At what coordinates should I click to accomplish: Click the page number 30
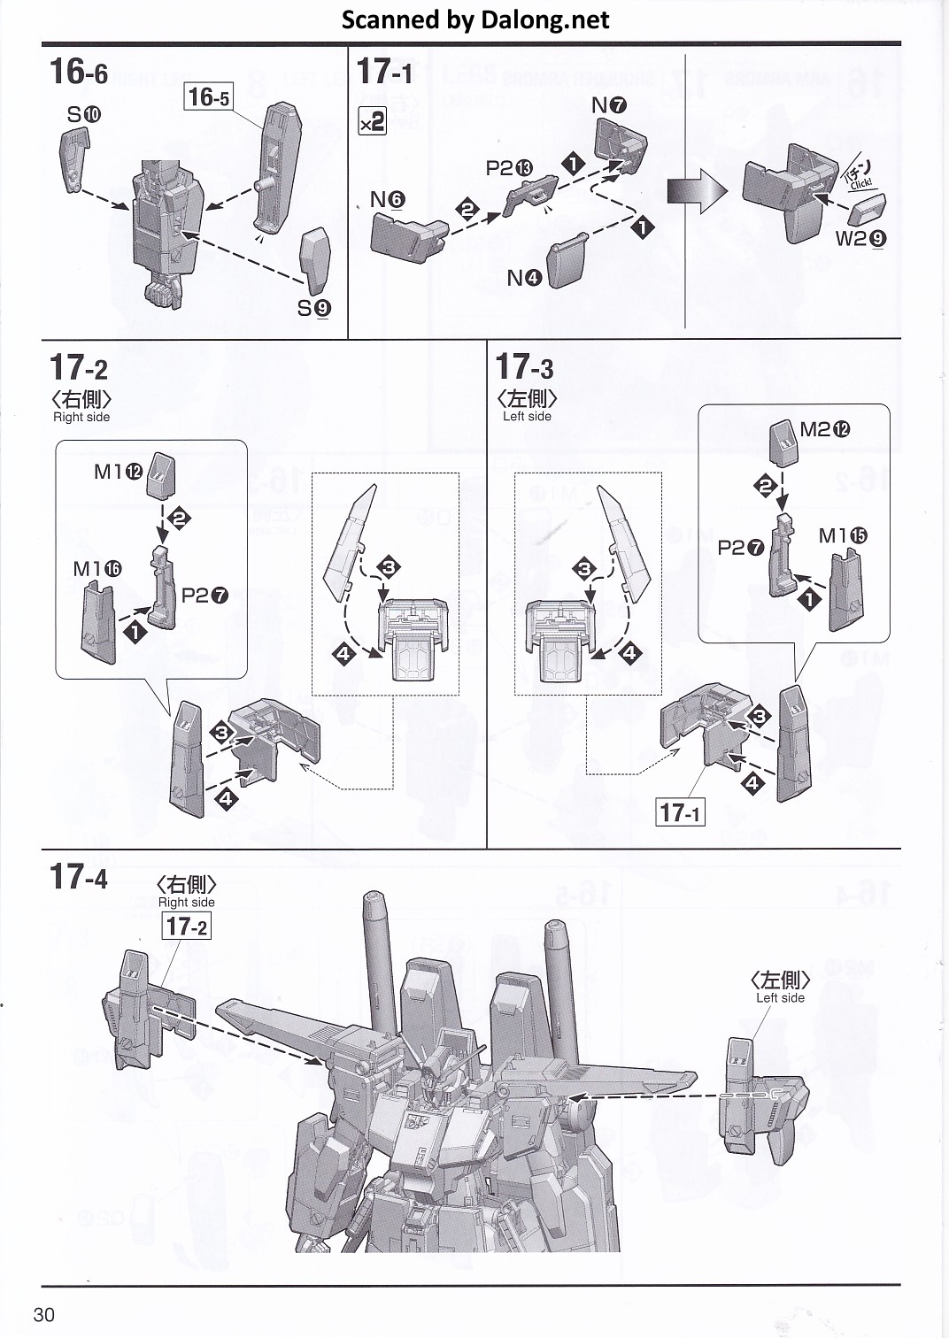pos(43,1313)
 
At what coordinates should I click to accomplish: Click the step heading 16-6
pos(79,71)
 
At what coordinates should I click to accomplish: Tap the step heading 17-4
pos(79,876)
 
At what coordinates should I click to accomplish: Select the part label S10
pos(84,114)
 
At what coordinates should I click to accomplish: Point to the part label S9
pos(313,307)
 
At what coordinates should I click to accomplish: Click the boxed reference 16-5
pos(209,96)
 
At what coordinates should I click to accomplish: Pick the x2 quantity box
pos(372,120)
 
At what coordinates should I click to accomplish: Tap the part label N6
pos(387,199)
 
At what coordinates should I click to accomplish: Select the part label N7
pos(608,105)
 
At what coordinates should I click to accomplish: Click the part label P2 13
pos(509,168)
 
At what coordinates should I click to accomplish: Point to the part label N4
pos(524,278)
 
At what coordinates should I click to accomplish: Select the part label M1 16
pos(96,569)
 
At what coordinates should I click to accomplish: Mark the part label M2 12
pos(824,429)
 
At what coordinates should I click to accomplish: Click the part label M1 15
pos(843,535)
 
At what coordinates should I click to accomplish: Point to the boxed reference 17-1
pos(680,811)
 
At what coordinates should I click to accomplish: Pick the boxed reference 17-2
pos(187,926)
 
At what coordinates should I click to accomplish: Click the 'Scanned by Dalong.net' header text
pos(475,19)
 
